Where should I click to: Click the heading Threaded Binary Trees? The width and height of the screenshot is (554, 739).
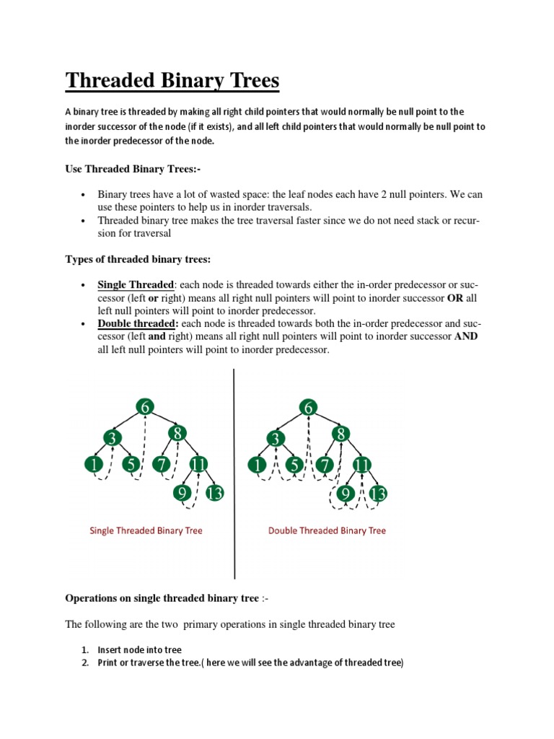tap(172, 80)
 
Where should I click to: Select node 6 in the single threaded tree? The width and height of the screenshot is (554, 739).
tap(146, 407)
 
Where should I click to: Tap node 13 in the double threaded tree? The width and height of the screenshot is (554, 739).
tap(378, 494)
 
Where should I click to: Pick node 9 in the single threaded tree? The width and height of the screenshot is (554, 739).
tap(181, 494)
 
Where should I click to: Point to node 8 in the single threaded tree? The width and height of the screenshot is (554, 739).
tap(177, 434)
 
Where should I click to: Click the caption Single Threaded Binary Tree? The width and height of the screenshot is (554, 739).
tap(146, 530)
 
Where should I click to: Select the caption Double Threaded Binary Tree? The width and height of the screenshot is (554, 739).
tap(327, 530)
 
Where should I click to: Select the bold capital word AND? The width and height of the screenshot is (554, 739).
tap(467, 336)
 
